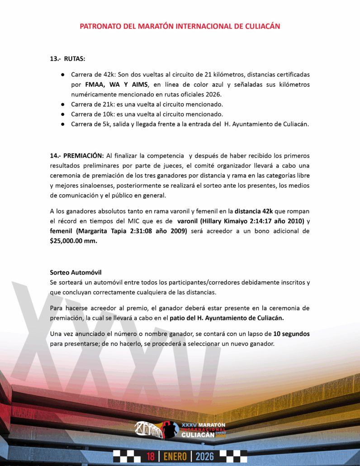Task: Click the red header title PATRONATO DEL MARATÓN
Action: point(180,26)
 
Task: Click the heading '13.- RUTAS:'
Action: point(67,59)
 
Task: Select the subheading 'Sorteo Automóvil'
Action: point(76,272)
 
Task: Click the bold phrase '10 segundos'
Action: point(292,334)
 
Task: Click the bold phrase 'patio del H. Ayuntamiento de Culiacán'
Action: point(227,318)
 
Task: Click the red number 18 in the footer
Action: point(151,456)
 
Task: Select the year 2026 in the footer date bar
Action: point(204,456)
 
